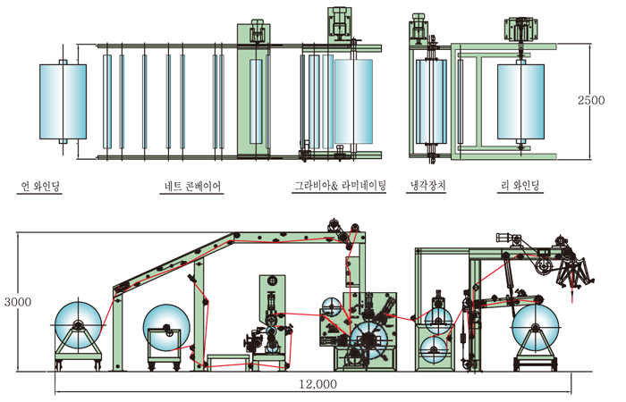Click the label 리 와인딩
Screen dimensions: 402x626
pyautogui.click(x=523, y=186)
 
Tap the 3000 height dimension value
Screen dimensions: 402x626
pyautogui.click(x=18, y=302)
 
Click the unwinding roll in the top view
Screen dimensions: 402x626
pyautogui.click(x=63, y=103)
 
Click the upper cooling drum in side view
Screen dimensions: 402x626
pyautogui.click(x=438, y=318)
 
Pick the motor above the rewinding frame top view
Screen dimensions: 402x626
pyautogui.click(x=523, y=27)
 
